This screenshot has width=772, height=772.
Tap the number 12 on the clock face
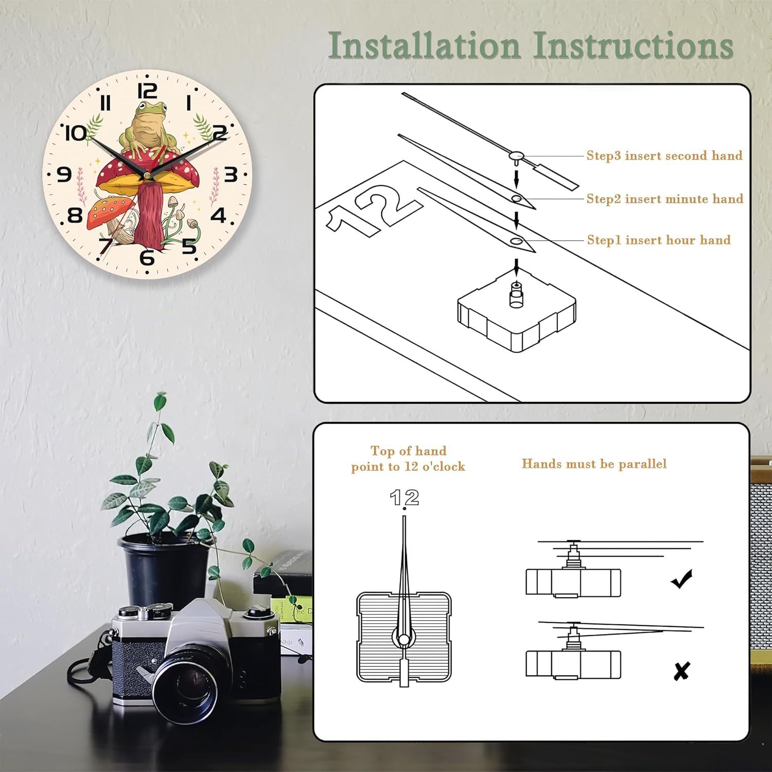pyautogui.click(x=147, y=91)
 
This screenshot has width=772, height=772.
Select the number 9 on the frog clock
pyautogui.click(x=64, y=174)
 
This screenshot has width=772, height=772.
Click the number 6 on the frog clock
pyautogui.click(x=147, y=257)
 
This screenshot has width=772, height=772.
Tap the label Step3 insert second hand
pyautogui.click(x=664, y=155)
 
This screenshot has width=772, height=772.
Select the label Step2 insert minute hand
pyautogui.click(x=665, y=199)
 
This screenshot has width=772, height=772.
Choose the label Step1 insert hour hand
pyautogui.click(x=659, y=240)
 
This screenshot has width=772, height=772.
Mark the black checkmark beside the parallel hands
pyautogui.click(x=682, y=579)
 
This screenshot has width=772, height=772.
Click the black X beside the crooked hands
pyautogui.click(x=681, y=671)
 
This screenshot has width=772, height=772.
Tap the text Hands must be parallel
pyautogui.click(x=594, y=464)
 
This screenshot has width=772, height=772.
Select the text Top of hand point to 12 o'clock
pyautogui.click(x=408, y=459)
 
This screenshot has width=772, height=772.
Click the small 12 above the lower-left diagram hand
pyautogui.click(x=405, y=498)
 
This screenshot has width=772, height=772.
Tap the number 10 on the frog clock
pyautogui.click(x=76, y=133)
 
